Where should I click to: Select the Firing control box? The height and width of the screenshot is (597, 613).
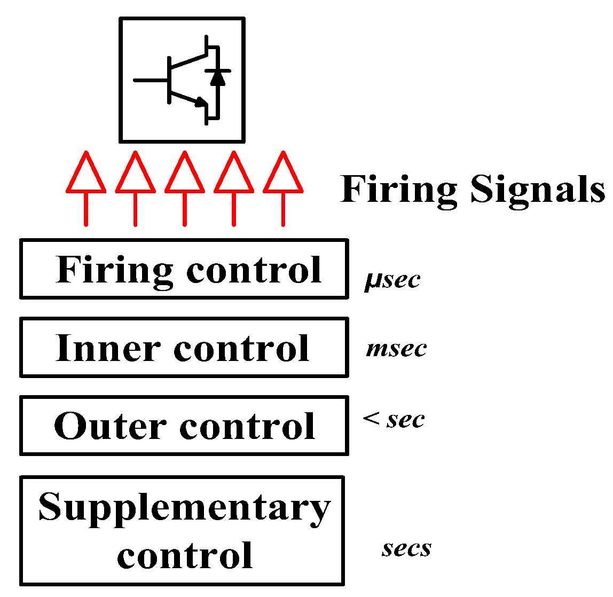pyautogui.click(x=184, y=269)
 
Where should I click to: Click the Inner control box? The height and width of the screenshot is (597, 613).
pyautogui.click(x=184, y=347)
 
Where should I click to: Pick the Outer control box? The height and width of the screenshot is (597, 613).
pyautogui.click(x=184, y=426)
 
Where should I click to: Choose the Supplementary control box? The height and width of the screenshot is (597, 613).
pyautogui.click(x=182, y=531)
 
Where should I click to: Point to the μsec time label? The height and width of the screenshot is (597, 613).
pyautogui.click(x=392, y=280)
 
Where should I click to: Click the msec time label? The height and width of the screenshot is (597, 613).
pyautogui.click(x=396, y=349)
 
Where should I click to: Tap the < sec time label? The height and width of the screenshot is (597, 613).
pyautogui.click(x=394, y=420)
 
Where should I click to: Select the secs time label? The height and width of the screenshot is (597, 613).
pyautogui.click(x=406, y=548)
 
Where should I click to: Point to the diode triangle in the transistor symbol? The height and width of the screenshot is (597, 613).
pyautogui.click(x=217, y=78)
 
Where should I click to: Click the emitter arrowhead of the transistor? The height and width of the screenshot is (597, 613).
pyautogui.click(x=201, y=101)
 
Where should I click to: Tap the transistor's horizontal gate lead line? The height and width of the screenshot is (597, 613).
pyautogui.click(x=150, y=81)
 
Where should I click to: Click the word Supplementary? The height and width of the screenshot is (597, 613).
pyautogui.click(x=184, y=507)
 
